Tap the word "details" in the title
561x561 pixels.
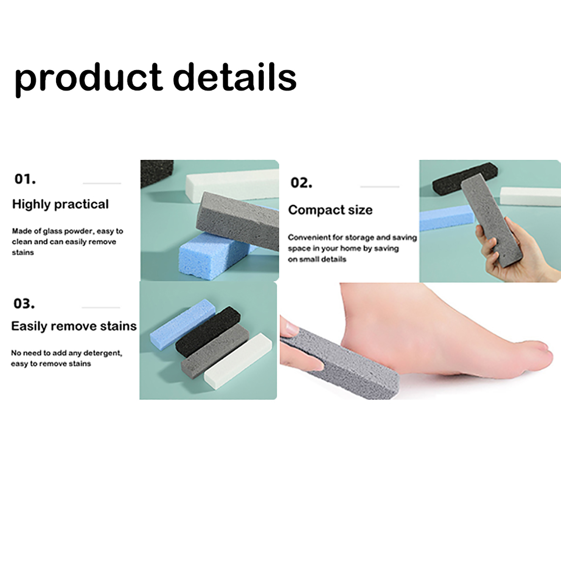click(x=235, y=76)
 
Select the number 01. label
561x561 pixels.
click(x=25, y=179)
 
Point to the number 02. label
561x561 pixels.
click(x=301, y=183)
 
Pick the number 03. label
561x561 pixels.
click(x=24, y=303)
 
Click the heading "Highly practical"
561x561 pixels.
click(x=60, y=204)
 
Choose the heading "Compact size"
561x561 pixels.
click(x=330, y=210)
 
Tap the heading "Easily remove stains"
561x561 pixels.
click(x=74, y=326)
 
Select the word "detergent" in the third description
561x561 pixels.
click(x=103, y=353)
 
